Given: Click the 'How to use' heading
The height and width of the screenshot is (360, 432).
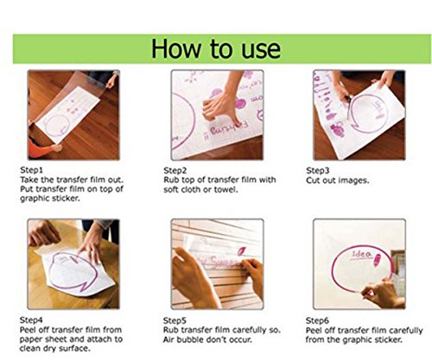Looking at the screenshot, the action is [216, 48].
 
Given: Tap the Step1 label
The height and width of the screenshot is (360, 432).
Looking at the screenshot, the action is [31, 170].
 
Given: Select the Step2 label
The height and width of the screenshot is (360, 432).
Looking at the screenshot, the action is [175, 170].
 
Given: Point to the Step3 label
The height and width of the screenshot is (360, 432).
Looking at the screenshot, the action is [317, 171].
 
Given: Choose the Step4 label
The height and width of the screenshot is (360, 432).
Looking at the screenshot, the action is [31, 320].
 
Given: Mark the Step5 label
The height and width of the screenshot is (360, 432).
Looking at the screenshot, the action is [175, 320].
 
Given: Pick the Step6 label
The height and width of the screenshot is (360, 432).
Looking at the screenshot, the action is [317, 320].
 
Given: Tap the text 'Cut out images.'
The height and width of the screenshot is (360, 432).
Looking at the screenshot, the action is [337, 180].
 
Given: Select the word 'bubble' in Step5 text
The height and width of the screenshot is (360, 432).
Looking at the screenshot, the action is [190, 339].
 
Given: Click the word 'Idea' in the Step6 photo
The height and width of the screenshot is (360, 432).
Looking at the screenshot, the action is [361, 254].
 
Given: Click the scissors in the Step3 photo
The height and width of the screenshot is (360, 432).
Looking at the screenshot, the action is [348, 107].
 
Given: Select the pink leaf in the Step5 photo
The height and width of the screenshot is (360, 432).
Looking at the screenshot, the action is [241, 251].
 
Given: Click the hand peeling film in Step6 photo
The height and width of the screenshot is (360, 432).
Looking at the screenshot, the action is [382, 292].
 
